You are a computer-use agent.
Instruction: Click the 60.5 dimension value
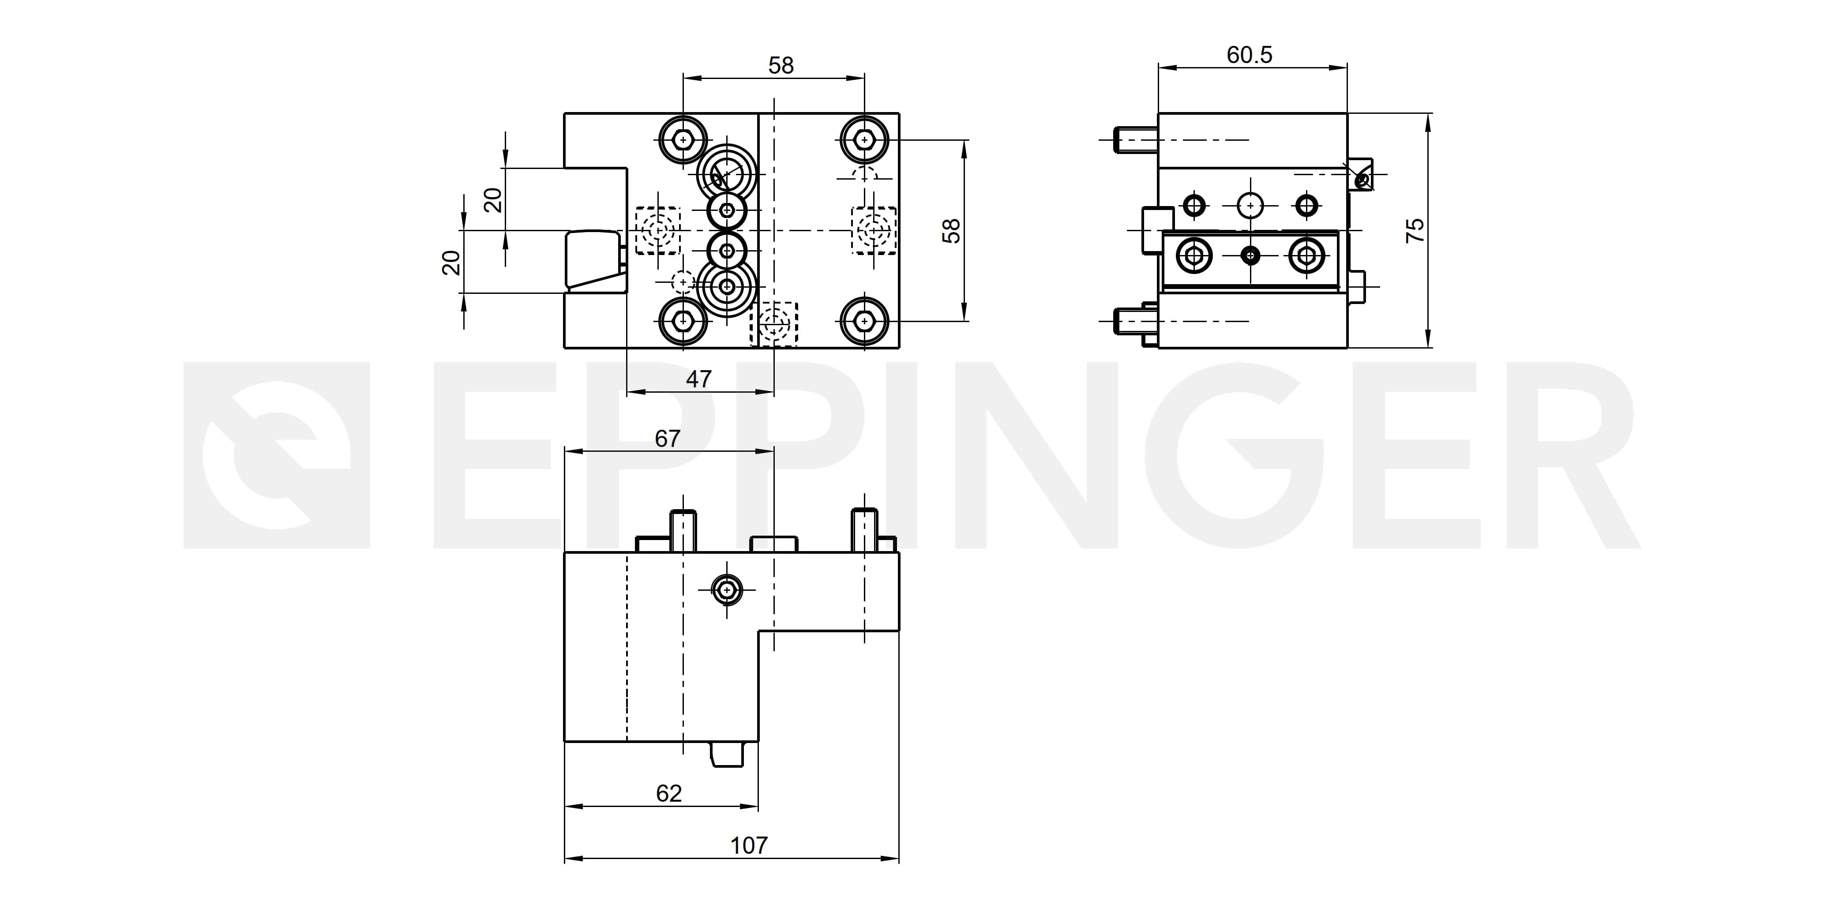pos(1249,55)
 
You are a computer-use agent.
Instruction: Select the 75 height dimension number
pos(1415,231)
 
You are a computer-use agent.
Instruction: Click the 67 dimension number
pos(667,439)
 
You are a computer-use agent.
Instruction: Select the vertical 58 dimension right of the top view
pos(952,231)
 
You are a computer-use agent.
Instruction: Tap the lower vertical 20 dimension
pos(451,263)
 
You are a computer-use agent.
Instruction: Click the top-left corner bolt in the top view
pos(683,139)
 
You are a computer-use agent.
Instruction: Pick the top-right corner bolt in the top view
pos(864,139)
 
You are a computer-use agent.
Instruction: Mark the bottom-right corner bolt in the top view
pos(864,322)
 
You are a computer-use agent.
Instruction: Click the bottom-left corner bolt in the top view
pos(683,322)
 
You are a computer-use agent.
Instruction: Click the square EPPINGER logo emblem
pos(277,455)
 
